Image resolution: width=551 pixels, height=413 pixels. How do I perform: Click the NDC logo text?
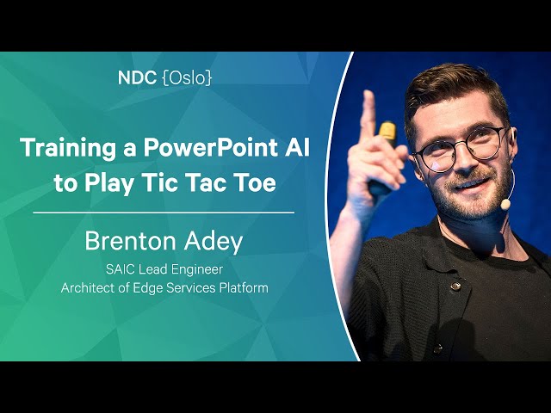(x=137, y=77)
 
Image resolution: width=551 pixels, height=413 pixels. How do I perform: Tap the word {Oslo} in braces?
(x=188, y=78)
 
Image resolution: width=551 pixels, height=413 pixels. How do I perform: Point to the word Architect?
(x=89, y=288)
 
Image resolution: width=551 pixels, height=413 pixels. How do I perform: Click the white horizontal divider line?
(x=164, y=213)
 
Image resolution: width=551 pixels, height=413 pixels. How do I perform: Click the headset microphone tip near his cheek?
(x=505, y=204)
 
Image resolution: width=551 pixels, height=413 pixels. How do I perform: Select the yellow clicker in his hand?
(x=387, y=133)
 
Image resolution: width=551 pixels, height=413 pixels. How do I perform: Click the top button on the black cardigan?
(x=455, y=286)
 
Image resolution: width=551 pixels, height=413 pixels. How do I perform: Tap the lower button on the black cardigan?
(x=437, y=348)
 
